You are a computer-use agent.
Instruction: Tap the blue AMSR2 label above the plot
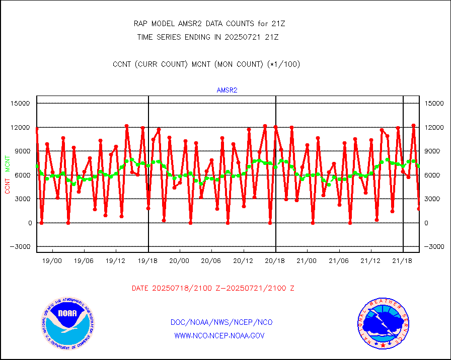(x=227, y=91)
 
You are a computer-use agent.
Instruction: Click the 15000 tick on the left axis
(x=21, y=104)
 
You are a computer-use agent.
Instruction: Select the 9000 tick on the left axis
(x=23, y=151)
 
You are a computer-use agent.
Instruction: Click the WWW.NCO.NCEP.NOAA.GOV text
(x=219, y=335)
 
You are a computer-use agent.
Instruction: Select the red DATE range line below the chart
(x=213, y=289)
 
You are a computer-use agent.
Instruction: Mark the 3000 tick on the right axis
(x=434, y=199)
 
